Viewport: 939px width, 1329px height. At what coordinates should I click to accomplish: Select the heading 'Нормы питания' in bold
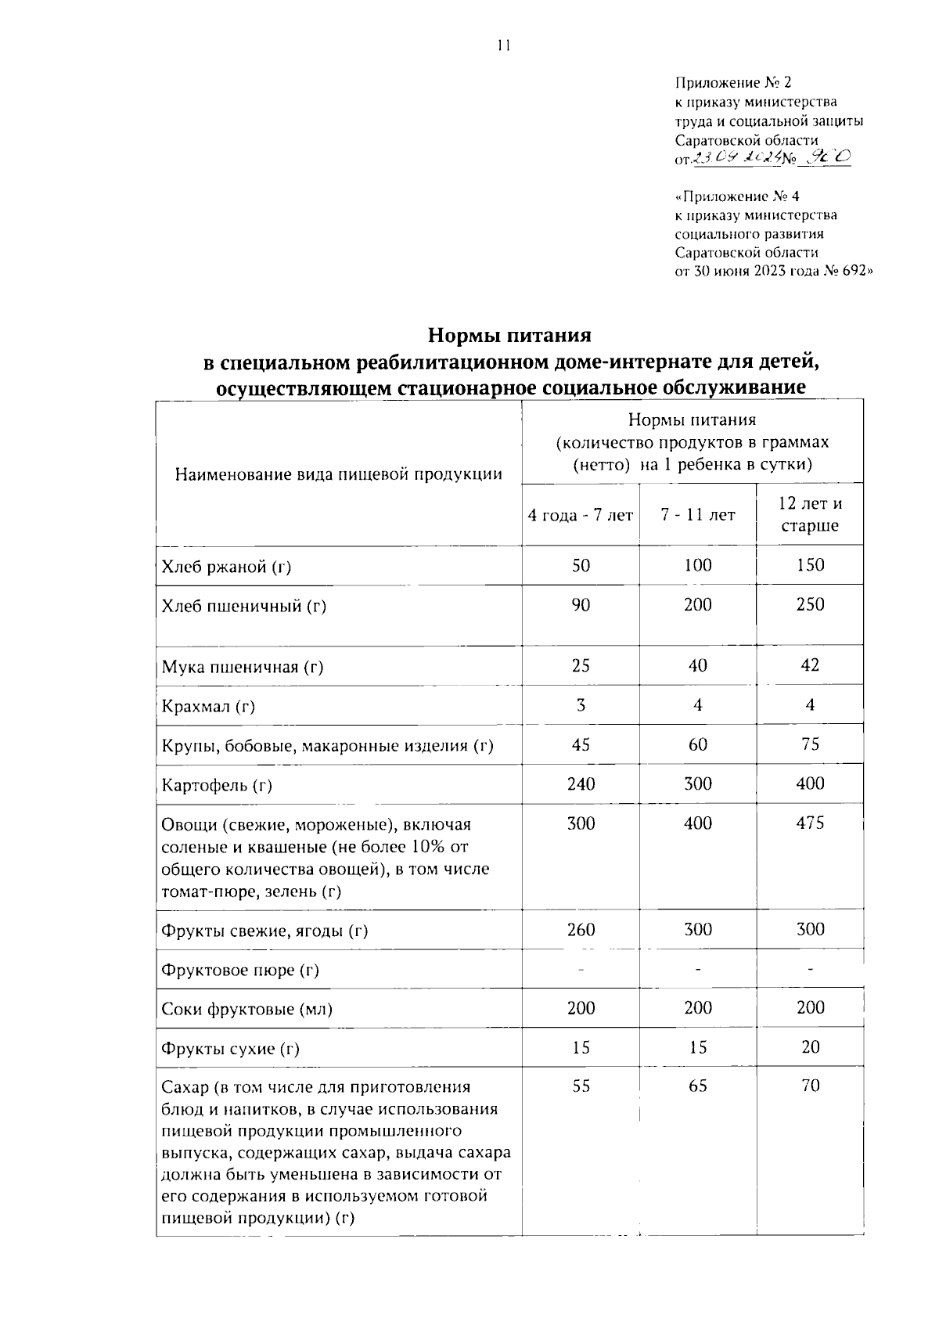(x=509, y=336)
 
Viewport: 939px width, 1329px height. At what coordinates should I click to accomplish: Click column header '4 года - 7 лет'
(x=581, y=515)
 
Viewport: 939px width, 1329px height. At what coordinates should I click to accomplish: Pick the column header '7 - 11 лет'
(x=697, y=515)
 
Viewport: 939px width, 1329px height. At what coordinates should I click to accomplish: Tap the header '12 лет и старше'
(x=810, y=514)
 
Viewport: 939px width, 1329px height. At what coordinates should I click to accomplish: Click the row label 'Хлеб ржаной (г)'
(x=226, y=567)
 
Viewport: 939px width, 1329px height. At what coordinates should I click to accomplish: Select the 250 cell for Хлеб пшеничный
(x=810, y=604)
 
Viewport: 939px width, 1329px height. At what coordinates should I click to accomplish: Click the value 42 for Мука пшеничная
(x=810, y=665)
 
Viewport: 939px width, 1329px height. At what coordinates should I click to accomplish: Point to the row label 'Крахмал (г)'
(x=208, y=707)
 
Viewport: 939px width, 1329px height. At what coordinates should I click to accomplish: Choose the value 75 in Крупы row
(x=810, y=744)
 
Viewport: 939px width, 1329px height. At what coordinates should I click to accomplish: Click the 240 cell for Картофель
(x=581, y=783)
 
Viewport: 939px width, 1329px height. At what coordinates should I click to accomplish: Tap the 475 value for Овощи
(x=810, y=823)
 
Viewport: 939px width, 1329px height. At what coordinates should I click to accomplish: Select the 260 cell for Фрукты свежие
(x=581, y=929)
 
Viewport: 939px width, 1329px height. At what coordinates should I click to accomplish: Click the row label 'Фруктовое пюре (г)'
(x=240, y=971)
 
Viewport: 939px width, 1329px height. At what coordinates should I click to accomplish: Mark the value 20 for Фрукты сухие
(x=810, y=1047)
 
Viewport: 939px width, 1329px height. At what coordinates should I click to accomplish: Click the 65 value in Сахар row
(x=697, y=1086)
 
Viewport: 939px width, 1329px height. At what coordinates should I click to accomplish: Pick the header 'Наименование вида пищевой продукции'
(x=338, y=474)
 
